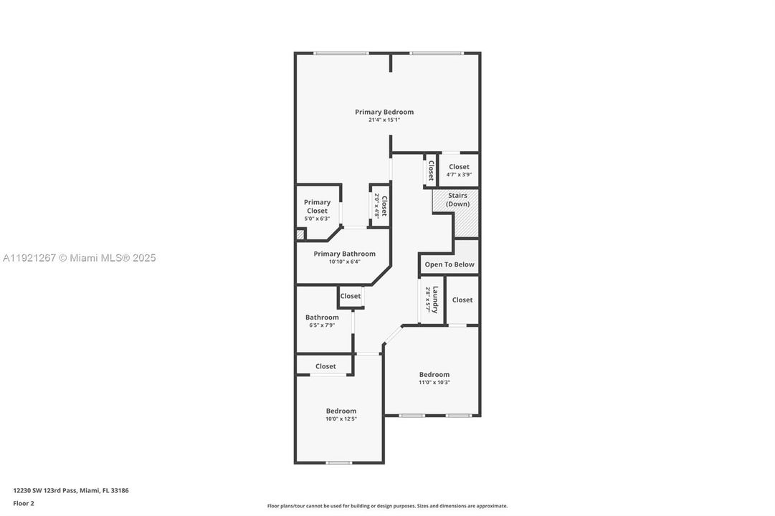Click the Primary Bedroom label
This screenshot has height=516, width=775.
pos(384,112)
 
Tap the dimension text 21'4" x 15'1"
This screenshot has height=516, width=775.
pos(384,120)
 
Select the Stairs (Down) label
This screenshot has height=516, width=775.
pos(457,199)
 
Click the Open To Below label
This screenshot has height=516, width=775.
pos(449,264)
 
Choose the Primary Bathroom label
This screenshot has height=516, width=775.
pos(344,254)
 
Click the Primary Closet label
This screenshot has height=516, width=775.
pos(317,206)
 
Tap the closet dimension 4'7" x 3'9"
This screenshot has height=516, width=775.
pos(459,175)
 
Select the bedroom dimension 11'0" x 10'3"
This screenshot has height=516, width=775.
pos(434,382)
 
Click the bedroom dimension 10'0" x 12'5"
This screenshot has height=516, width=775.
pos(341,419)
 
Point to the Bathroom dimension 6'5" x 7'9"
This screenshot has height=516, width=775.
pos(322,325)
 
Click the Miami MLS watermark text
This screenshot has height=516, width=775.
pos(78,258)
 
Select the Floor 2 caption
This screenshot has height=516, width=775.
pos(24,503)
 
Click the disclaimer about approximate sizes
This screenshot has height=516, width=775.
pos(387,506)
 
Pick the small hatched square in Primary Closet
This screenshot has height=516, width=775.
pos(300,234)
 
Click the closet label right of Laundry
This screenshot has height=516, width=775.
pos(462,300)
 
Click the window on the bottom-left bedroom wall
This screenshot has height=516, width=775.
pos(339,462)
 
